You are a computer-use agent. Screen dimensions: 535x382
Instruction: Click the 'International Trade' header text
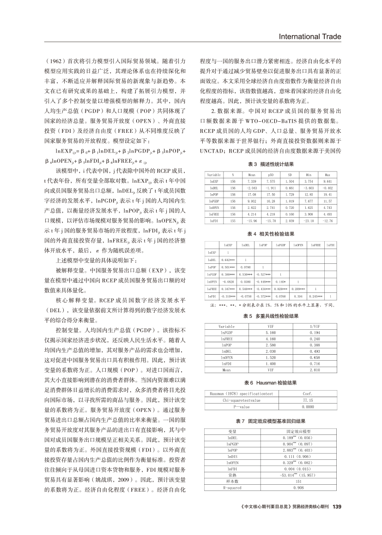click(309, 37)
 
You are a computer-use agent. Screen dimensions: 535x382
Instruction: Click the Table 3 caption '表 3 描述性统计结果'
click(270, 164)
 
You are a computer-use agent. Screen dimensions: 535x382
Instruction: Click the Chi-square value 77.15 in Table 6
click(307, 400)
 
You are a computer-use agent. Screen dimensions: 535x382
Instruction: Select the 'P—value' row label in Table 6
click(228, 407)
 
